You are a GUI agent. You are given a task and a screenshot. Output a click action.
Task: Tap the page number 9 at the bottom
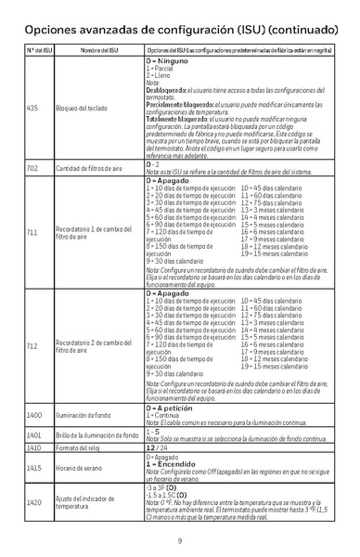click(x=179, y=541)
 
